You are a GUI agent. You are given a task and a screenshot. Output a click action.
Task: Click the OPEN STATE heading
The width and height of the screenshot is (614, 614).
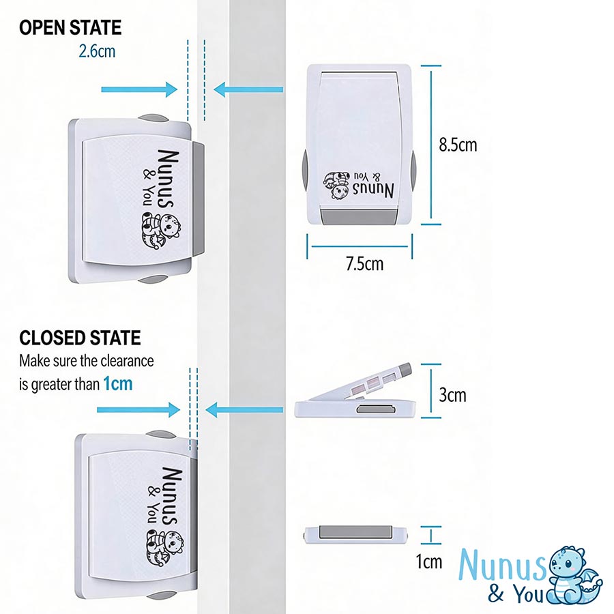pyautogui.click(x=70, y=28)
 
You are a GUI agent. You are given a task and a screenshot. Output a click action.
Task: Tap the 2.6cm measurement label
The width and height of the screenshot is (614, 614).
pyautogui.click(x=97, y=51)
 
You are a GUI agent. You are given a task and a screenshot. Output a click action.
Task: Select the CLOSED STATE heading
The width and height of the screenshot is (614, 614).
pyautogui.click(x=80, y=338)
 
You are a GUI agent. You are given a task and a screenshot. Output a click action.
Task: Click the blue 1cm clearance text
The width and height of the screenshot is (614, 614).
pyautogui.click(x=118, y=383)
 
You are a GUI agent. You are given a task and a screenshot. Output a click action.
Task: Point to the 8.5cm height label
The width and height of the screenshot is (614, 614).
pyautogui.click(x=458, y=145)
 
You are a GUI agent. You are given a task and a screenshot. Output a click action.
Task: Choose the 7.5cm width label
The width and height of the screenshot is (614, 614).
pyautogui.click(x=364, y=264)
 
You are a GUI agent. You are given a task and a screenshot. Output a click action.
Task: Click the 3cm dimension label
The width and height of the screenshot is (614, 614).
pyautogui.click(x=453, y=395)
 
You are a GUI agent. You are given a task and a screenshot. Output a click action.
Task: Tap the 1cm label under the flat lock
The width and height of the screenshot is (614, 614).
pyautogui.click(x=429, y=562)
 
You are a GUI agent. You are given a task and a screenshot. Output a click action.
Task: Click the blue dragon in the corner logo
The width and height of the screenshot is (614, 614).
pyautogui.click(x=574, y=575)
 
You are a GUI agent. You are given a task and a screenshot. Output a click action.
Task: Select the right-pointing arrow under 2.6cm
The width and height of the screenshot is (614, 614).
pyautogui.click(x=139, y=89)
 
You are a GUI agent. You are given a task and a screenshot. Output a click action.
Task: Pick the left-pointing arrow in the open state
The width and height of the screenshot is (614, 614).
pyautogui.click(x=248, y=89)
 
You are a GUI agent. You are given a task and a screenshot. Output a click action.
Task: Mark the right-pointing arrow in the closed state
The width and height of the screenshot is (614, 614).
pyautogui.click(x=138, y=410)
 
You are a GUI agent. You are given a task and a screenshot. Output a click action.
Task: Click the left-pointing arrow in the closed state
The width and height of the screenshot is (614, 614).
pyautogui.click(x=244, y=410)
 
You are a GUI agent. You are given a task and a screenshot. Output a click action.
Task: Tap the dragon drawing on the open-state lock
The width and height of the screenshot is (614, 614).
pyautogui.click(x=160, y=231)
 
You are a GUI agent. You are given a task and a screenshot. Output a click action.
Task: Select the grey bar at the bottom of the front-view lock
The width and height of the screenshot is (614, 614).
pyautogui.click(x=359, y=216)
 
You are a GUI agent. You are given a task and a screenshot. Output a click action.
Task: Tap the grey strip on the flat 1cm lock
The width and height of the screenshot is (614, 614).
pyautogui.click(x=355, y=531)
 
